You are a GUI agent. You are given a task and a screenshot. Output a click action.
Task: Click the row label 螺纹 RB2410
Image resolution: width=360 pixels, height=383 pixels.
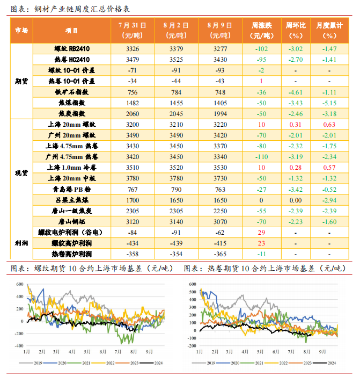click(72, 48)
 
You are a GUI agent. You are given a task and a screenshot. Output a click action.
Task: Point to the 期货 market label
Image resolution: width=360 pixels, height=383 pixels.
click(21, 81)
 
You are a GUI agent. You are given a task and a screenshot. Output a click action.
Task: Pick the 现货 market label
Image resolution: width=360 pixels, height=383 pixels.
click(21, 173)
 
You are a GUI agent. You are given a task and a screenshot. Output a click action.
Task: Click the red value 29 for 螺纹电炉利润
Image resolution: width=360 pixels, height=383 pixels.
click(261, 232)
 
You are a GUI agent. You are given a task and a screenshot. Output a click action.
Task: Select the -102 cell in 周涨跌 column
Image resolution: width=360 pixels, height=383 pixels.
click(261, 48)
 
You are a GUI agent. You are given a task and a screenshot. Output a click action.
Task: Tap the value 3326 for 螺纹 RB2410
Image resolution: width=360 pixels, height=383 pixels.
click(133, 48)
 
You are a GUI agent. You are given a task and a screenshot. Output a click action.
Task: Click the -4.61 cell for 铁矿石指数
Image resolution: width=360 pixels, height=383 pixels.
click(296, 92)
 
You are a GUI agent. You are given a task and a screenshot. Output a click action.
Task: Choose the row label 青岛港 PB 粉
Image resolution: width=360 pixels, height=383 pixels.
click(72, 189)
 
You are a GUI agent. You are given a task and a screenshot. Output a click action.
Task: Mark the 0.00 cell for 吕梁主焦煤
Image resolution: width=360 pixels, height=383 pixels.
click(296, 200)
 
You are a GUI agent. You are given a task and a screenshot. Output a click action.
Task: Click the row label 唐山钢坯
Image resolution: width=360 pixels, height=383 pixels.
click(72, 221)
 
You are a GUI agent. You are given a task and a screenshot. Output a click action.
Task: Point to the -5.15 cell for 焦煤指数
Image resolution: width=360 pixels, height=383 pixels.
click(329, 103)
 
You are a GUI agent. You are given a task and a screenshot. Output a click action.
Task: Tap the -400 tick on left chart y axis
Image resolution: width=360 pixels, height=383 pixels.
click(19, 345)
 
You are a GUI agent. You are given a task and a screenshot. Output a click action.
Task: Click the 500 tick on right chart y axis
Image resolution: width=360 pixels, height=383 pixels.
click(193, 292)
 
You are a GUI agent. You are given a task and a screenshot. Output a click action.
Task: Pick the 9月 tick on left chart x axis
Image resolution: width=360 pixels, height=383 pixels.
click(149, 352)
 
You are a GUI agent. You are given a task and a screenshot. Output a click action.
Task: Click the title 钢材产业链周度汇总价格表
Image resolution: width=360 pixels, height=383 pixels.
click(82, 9)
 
